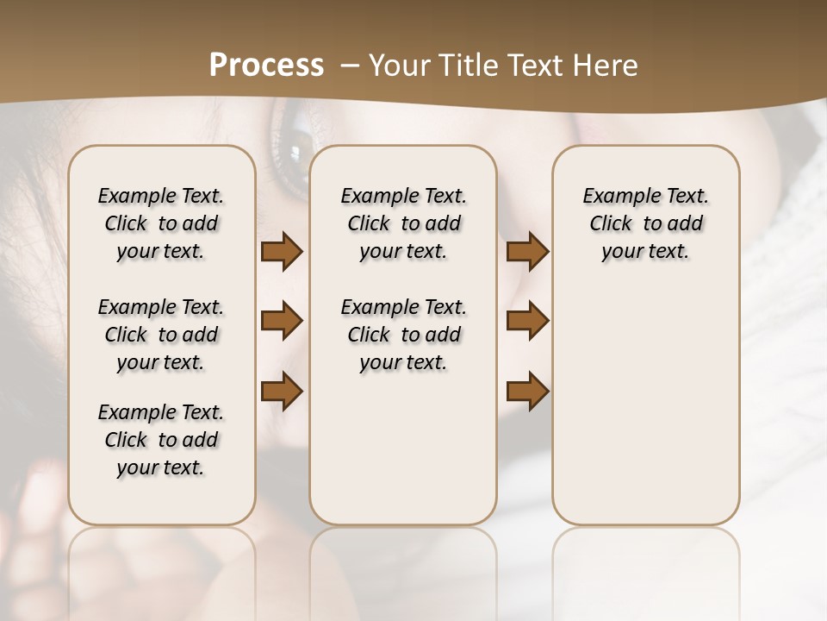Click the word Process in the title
pos(266,66)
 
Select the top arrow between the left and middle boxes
pos(282,252)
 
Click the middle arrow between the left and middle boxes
pos(282,321)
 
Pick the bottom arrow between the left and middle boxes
pos(282,391)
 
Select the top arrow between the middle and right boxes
pos(527,252)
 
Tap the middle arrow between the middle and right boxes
pos(527,321)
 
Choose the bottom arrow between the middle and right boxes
pos(527,391)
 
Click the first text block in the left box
pos(161,223)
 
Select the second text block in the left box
pos(161,335)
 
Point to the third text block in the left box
pos(161,440)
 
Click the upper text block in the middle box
pos(403,223)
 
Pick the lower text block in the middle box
pos(403,335)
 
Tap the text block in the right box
pos(645,223)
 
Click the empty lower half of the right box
pos(645,414)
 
